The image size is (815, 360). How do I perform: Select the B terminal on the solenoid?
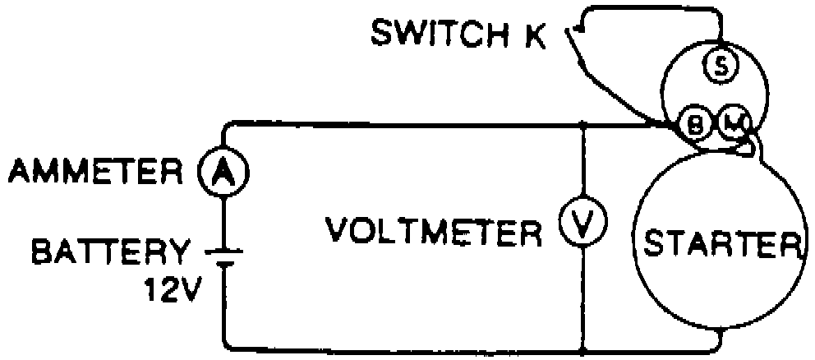(695, 125)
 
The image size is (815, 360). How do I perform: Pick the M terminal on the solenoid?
(731, 125)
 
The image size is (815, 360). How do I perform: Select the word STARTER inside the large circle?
(719, 244)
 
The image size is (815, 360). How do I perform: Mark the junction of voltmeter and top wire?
(582, 125)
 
